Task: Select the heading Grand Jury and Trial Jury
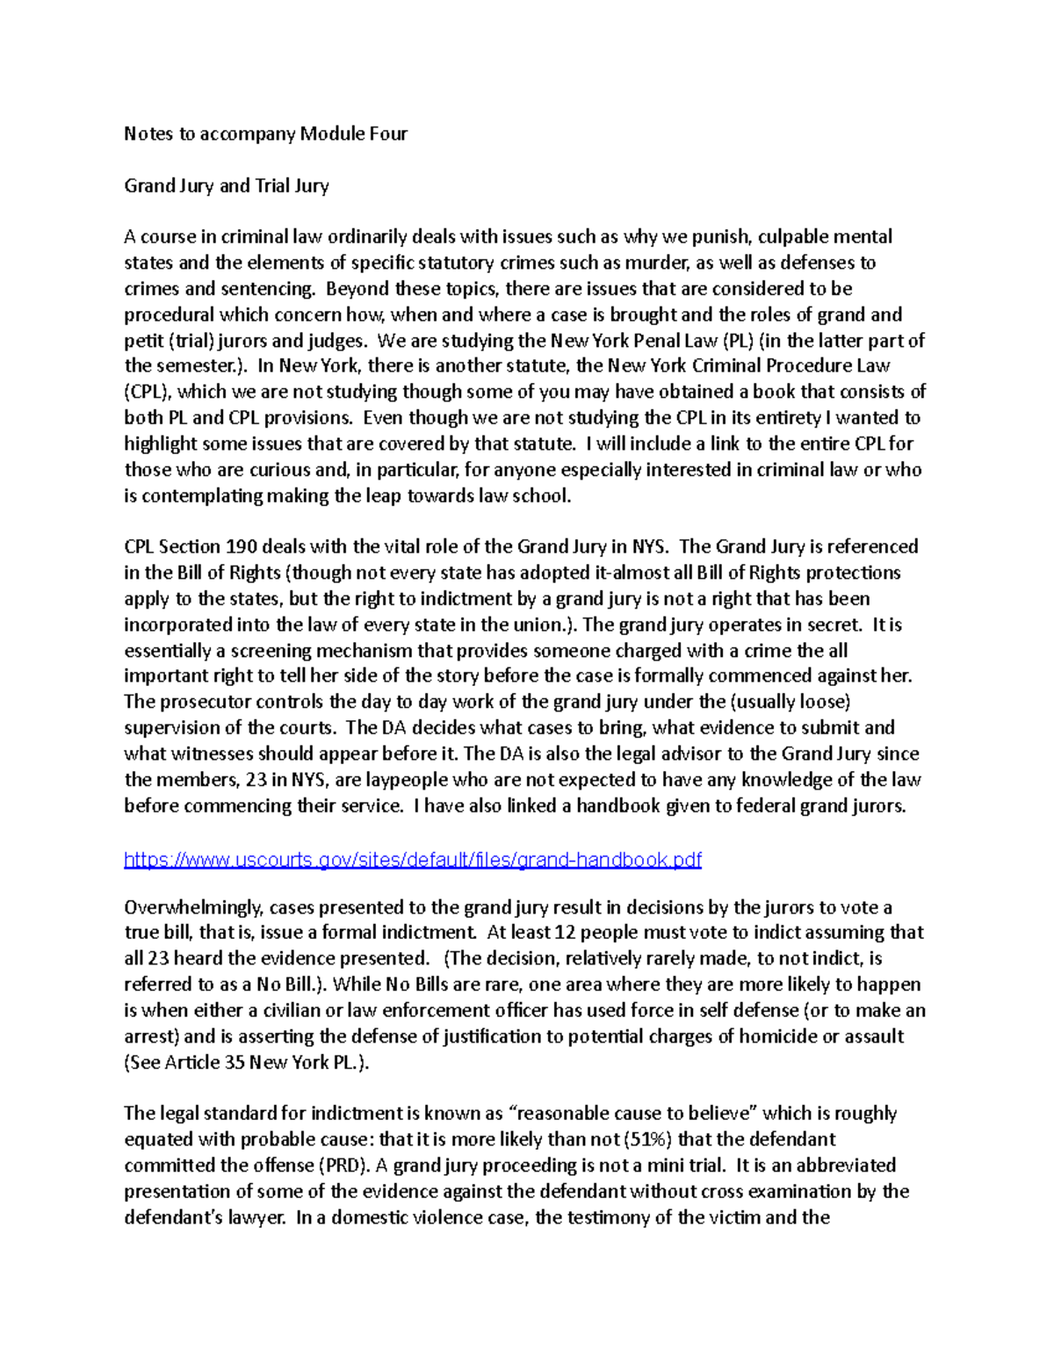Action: coord(227,185)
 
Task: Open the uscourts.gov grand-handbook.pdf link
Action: coord(413,859)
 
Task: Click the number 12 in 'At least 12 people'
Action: coord(565,933)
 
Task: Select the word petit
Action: coord(142,341)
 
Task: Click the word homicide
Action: coord(778,1036)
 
